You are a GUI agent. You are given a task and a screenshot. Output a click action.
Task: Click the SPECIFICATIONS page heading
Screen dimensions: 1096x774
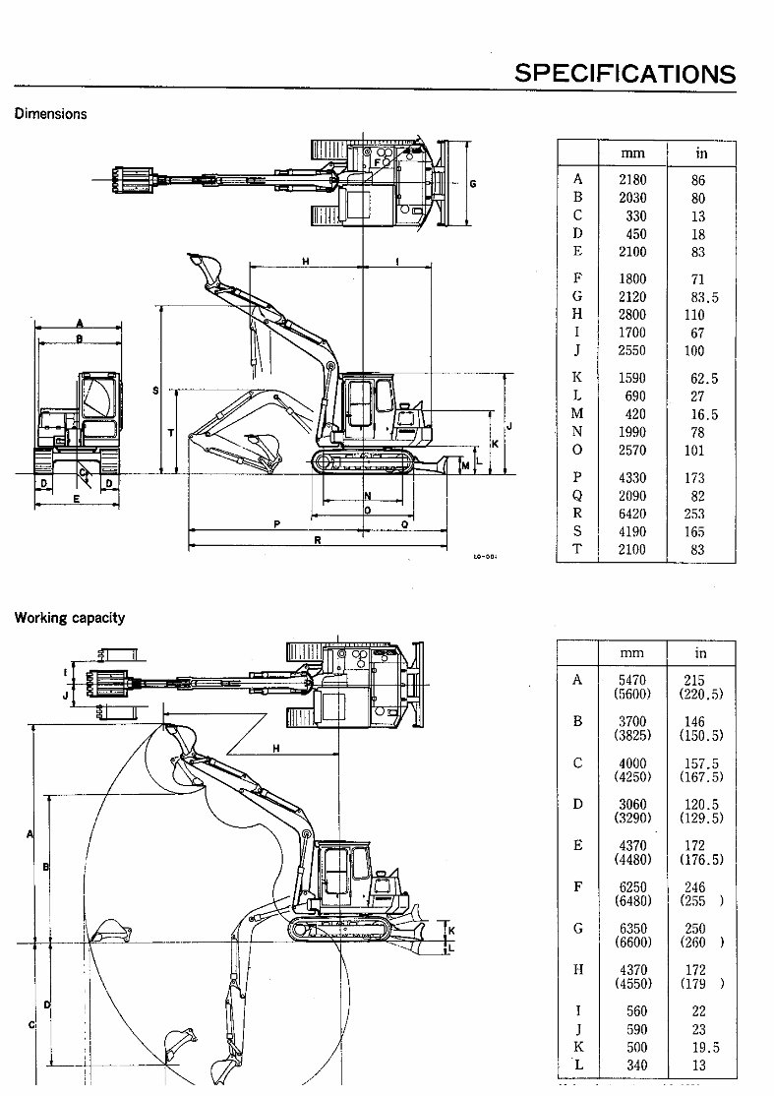pyautogui.click(x=625, y=73)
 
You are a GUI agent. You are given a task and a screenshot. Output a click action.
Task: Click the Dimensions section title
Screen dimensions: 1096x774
pyautogui.click(x=50, y=113)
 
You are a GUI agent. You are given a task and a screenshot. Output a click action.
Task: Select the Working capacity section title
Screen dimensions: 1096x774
pyautogui.click(x=69, y=618)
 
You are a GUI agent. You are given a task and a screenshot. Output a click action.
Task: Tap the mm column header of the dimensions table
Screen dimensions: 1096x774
pyautogui.click(x=632, y=153)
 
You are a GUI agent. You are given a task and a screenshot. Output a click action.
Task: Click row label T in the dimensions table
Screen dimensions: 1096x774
pyautogui.click(x=577, y=549)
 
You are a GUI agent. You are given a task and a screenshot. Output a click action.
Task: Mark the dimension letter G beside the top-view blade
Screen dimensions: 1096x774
pyautogui.click(x=472, y=184)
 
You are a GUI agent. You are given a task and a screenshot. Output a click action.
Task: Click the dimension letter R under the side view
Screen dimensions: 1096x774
pyautogui.click(x=318, y=540)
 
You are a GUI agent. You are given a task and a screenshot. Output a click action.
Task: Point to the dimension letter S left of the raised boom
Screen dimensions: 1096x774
pyautogui.click(x=155, y=391)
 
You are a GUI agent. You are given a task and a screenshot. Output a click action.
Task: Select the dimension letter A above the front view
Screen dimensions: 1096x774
pyautogui.click(x=79, y=323)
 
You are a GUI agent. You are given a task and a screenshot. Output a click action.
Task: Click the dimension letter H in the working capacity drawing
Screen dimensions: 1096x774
pyautogui.click(x=276, y=749)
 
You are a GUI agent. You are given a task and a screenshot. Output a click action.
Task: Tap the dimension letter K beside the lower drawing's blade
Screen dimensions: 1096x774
pyautogui.click(x=451, y=930)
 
